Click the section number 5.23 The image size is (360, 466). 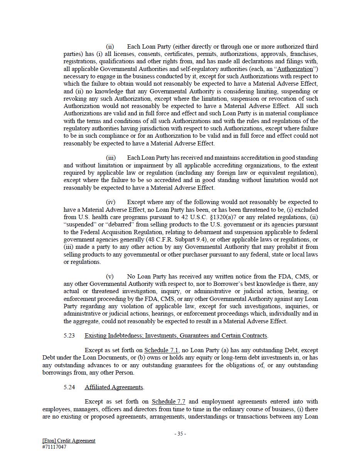69,336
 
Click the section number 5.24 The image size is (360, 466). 69,387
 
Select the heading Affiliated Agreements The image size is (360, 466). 114,387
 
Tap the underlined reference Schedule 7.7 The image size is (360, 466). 168,402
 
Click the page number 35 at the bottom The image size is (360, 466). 180,434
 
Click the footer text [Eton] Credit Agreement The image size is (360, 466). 69,441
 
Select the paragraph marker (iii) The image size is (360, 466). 111,158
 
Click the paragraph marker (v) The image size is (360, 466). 110,277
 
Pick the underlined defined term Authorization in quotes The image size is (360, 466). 295,69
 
